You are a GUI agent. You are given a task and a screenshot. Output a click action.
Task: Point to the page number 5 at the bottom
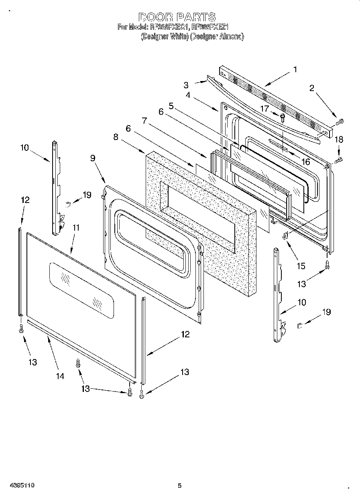pos(180,486)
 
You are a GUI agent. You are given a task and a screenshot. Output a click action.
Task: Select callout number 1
pos(295,69)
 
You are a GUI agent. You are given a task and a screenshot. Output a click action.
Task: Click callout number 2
pos(311,89)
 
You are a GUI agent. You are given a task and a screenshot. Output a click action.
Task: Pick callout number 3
pos(186,85)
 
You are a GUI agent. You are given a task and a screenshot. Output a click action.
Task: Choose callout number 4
pos(188,95)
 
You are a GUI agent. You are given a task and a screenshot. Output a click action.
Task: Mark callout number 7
pos(144,120)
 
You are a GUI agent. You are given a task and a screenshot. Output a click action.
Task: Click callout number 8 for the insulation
pos(116,137)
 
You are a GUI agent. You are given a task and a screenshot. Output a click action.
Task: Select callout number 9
pos(93,158)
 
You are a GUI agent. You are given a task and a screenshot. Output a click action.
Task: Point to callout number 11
pos(76,227)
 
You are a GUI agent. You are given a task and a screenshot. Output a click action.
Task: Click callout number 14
pos(60,376)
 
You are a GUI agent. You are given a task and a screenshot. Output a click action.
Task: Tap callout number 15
pos(301,266)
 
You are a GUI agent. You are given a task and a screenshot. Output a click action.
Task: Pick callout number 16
pos(306,161)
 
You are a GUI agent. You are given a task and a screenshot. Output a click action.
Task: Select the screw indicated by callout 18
pos(338,160)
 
